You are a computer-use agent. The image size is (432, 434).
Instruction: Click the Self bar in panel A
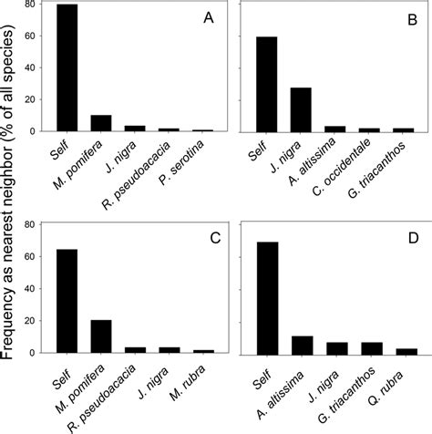(x=67, y=68)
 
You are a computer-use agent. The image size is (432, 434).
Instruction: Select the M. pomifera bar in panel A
(x=99, y=123)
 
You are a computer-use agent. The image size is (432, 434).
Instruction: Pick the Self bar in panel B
(x=267, y=84)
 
